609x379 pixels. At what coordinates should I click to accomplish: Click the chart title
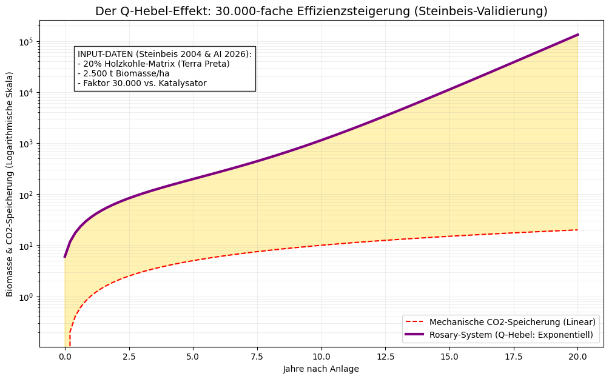321,11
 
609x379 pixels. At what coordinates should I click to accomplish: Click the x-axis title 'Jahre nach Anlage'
321,369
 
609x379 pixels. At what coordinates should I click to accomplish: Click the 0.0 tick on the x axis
65,356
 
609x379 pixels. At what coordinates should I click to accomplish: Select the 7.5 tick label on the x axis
257,356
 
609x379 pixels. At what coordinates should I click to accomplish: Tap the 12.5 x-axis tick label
385,356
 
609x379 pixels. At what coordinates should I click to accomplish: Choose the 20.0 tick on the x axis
577,356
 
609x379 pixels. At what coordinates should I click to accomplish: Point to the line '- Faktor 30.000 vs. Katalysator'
142,83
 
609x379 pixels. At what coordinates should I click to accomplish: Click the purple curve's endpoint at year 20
577,35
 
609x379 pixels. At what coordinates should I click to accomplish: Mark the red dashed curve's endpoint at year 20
577,230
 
